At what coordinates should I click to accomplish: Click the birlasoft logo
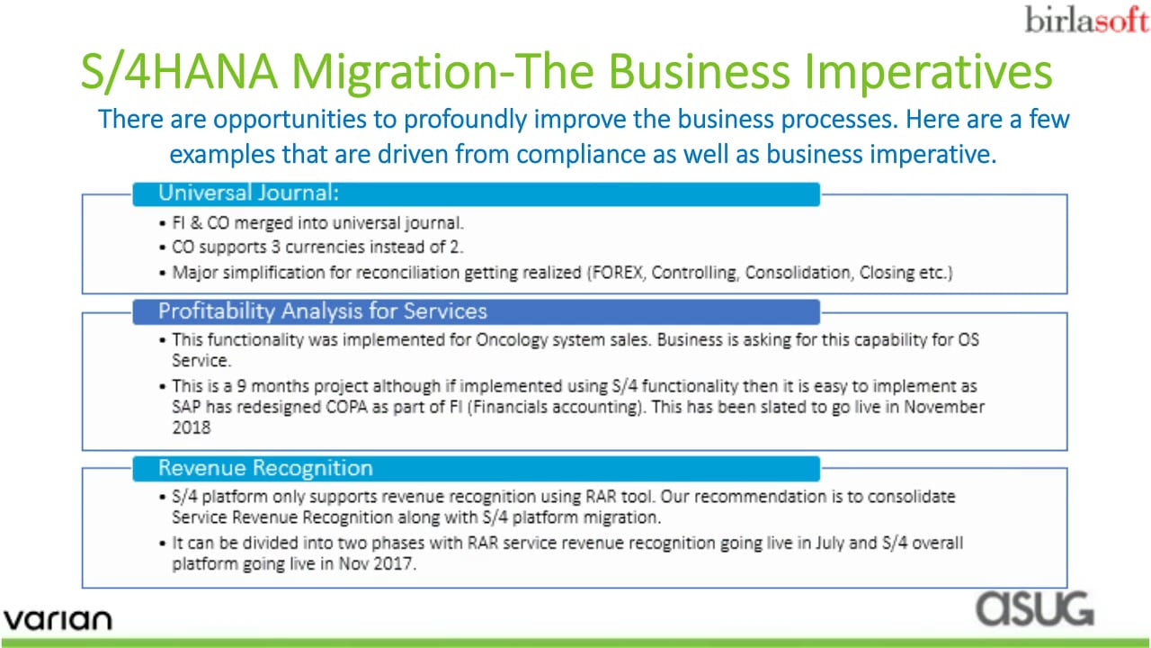(1086, 20)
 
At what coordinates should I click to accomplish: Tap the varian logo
(58, 620)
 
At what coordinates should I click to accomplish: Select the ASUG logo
(1035, 608)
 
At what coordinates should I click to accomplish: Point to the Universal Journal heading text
(249, 193)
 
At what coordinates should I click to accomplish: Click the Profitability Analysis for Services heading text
(323, 311)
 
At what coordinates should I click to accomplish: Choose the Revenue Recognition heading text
(265, 468)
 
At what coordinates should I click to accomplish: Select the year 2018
(192, 427)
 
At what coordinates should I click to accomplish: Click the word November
(944, 407)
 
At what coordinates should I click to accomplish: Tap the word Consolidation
(798, 272)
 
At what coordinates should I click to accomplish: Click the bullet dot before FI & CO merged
(163, 223)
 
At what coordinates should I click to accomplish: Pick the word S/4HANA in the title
(179, 71)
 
